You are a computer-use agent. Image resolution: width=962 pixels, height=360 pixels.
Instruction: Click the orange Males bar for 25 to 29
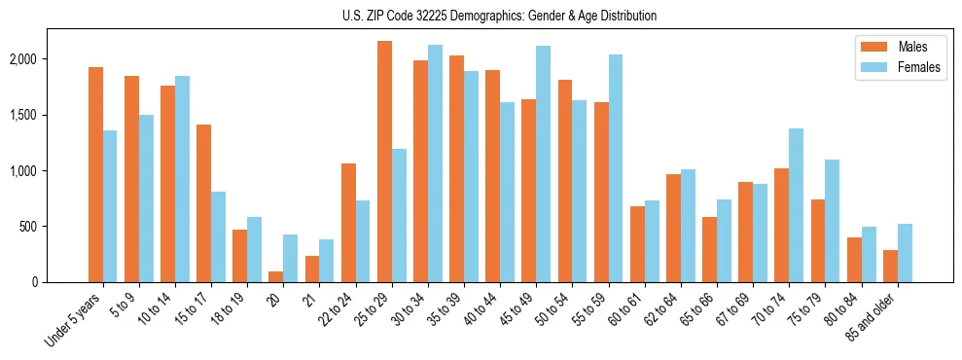384,162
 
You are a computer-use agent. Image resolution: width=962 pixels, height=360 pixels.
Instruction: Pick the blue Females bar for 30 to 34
435,163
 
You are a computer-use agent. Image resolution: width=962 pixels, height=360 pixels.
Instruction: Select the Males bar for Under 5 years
95,175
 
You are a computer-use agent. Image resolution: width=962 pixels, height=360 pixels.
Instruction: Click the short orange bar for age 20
276,277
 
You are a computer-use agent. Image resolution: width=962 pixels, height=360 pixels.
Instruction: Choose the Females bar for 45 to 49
543,164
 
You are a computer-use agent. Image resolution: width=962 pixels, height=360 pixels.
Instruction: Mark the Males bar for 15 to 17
203,203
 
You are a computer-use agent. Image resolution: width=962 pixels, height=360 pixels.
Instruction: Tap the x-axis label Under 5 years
74,320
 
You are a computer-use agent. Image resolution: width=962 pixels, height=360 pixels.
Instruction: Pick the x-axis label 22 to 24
339,313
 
